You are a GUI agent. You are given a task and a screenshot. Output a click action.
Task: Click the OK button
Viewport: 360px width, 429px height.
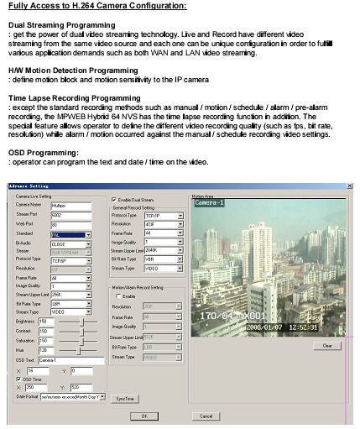pyautogui.click(x=144, y=415)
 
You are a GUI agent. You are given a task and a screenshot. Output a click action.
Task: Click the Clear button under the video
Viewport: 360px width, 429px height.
pyautogui.click(x=326, y=345)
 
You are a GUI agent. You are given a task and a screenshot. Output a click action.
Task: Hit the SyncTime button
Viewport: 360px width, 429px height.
pyautogui.click(x=125, y=397)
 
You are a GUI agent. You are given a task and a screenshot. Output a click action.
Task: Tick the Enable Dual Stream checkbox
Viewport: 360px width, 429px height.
pyautogui.click(x=114, y=198)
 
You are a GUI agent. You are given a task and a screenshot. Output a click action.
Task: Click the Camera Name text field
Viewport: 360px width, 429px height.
pyautogui.click(x=70, y=204)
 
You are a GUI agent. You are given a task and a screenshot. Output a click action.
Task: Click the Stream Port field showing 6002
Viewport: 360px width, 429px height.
pyautogui.click(x=70, y=214)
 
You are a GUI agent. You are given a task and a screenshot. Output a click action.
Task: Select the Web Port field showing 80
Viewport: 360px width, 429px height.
pyautogui.click(x=70, y=225)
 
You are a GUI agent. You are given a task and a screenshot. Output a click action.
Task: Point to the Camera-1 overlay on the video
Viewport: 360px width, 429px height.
pyautogui.click(x=211, y=204)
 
